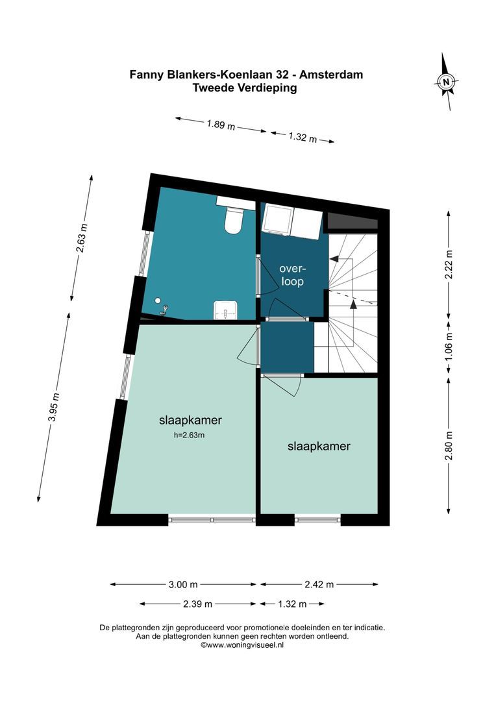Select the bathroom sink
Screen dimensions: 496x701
point(226,310)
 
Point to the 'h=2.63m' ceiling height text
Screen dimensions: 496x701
point(189,435)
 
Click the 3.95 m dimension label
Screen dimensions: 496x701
point(54,407)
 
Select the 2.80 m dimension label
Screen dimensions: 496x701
point(449,445)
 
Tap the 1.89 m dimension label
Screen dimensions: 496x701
point(221,124)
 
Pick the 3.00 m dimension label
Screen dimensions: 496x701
point(183,584)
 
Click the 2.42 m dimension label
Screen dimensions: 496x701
point(319,584)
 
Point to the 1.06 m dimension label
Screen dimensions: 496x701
point(449,347)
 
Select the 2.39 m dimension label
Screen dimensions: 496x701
point(197,604)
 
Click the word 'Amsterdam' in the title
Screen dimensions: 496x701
point(331,74)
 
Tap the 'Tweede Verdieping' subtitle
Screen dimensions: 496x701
point(245,88)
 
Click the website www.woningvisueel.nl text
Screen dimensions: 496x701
point(242,645)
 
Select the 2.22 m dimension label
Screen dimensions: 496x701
point(449,264)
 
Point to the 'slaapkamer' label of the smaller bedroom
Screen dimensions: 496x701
point(319,446)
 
